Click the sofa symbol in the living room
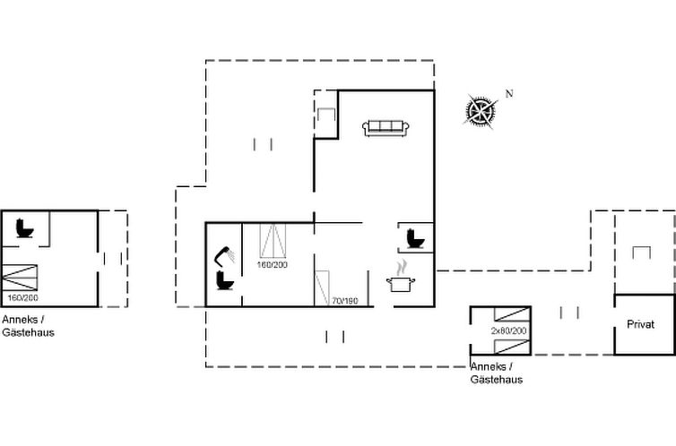(386, 128)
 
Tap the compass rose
(481, 111)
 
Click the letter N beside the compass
(509, 93)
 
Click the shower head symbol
(225, 256)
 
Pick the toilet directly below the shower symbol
(225, 279)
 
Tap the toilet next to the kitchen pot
(415, 238)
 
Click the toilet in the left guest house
(24, 228)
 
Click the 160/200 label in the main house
(272, 265)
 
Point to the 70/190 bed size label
(345, 301)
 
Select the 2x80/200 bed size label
(508, 330)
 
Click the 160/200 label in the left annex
(22, 297)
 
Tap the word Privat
(641, 324)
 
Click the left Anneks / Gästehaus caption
(28, 326)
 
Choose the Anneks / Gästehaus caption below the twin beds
(496, 373)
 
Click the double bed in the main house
(273, 241)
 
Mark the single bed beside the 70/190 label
(323, 288)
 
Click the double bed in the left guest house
(20, 278)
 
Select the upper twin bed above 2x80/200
(512, 314)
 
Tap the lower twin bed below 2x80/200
(512, 347)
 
